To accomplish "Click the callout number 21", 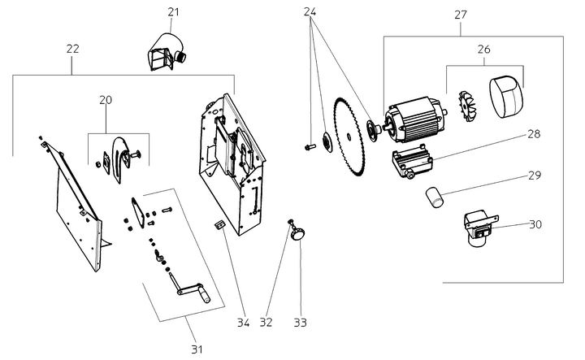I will point(173,11).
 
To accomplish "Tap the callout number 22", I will point(72,49).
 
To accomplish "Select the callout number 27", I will point(461,14).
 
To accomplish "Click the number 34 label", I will point(242,322).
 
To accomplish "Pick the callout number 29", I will point(533,175).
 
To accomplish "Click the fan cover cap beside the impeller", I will point(505,96).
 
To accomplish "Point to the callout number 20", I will point(106,99).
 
